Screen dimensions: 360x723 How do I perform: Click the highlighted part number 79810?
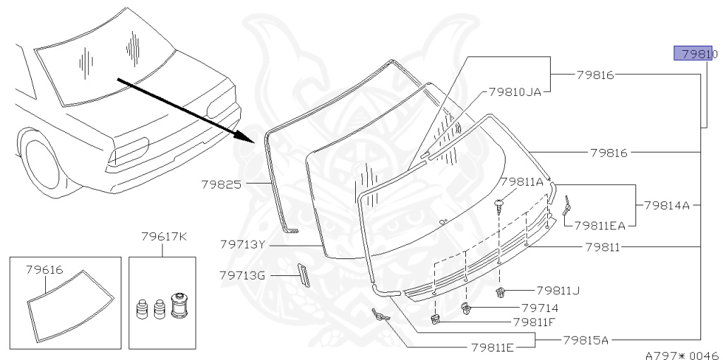pos(695,53)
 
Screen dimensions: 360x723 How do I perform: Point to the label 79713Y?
pos(243,244)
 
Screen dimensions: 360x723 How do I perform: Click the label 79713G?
pos(243,275)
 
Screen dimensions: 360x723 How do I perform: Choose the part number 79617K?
pos(163,236)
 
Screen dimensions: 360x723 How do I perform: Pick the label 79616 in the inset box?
pos(44,269)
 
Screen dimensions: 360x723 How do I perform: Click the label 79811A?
pos(522,182)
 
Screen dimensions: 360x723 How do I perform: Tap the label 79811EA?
pos(600,226)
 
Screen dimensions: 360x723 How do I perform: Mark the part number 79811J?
pos(558,289)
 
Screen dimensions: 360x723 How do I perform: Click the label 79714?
pos(540,308)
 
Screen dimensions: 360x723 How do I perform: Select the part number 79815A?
pos(586,340)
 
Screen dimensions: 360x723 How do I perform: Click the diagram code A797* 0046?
pos(681,354)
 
